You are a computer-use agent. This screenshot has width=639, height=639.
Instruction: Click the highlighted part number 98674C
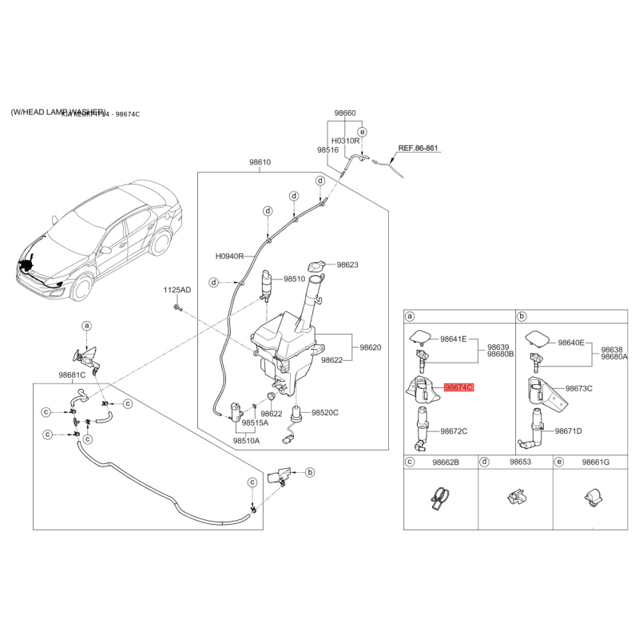click(x=458, y=387)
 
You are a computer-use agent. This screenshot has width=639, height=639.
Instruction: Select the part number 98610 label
click(x=260, y=162)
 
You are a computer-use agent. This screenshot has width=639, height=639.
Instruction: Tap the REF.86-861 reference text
click(x=419, y=149)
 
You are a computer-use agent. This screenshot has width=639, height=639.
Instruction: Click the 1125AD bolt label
click(x=177, y=290)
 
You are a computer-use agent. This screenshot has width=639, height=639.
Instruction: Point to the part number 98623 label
click(x=347, y=265)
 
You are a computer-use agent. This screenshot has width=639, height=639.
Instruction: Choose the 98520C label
click(x=325, y=412)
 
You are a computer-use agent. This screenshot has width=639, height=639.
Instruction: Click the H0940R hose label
click(x=229, y=257)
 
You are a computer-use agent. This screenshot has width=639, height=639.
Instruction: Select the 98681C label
click(x=72, y=375)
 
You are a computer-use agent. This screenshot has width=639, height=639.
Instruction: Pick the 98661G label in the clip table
click(x=595, y=462)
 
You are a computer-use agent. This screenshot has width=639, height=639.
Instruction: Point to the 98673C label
click(x=578, y=388)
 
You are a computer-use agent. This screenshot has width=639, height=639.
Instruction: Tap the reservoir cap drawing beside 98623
click(x=318, y=266)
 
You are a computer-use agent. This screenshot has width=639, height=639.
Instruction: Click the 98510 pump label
click(x=296, y=280)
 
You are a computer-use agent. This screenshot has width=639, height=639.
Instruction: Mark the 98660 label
click(x=345, y=113)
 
